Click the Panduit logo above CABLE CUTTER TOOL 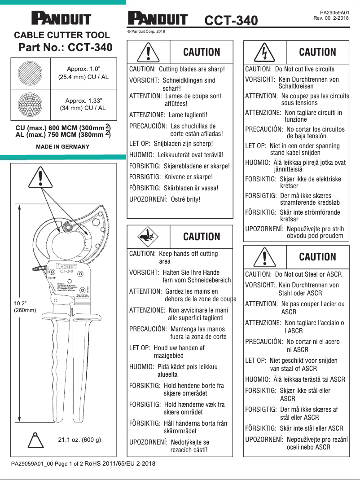point(61,19)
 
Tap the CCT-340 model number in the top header point(231,21)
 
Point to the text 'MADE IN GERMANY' point(62,147)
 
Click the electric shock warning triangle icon point(265,53)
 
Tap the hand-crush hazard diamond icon point(149,236)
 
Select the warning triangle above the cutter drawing point(41,178)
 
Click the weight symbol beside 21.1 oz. point(34,440)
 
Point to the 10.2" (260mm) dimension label point(25,307)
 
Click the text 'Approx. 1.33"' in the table point(83,100)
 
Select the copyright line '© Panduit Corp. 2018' point(146,31)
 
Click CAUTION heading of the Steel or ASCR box point(317,257)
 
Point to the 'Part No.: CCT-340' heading point(66,48)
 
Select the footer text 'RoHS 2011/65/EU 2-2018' point(120,463)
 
